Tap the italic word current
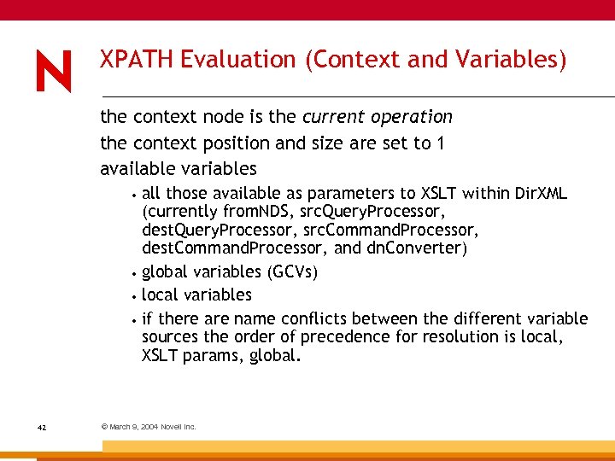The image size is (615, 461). [331, 116]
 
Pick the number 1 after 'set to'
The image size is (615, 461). [439, 143]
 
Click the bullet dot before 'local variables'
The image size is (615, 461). [135, 296]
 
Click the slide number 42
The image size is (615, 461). [41, 426]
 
